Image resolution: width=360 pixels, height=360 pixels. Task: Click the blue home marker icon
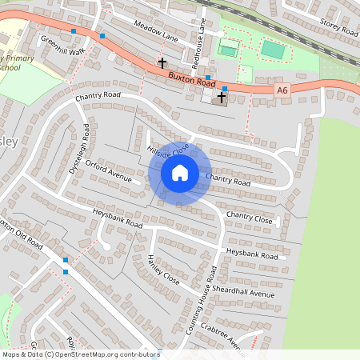pyautogui.click(x=180, y=172)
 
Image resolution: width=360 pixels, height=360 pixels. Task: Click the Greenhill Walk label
pyautogui.click(x=62, y=46)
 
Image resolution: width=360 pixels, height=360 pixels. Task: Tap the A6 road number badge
pyautogui.click(x=281, y=91)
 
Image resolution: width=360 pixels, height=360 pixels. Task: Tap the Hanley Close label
pyautogui.click(x=163, y=269)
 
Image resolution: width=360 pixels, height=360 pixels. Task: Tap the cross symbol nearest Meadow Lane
pyautogui.click(x=162, y=62)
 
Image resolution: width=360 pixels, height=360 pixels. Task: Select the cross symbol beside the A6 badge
pyautogui.click(x=222, y=97)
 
